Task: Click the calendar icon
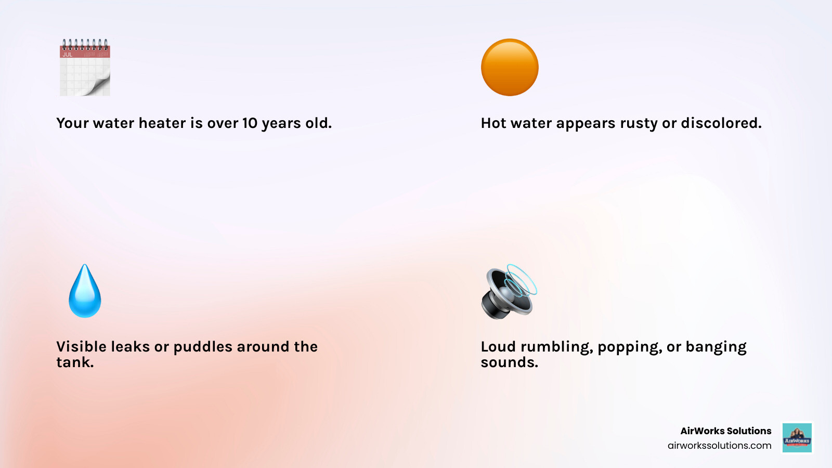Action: click(x=85, y=68)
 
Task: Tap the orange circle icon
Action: click(x=510, y=67)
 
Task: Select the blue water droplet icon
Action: click(x=85, y=291)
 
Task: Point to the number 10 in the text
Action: click(x=250, y=123)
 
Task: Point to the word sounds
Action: click(x=508, y=362)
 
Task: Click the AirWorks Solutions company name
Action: click(x=726, y=431)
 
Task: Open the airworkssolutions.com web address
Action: click(x=720, y=446)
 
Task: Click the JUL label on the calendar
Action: click(x=68, y=55)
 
